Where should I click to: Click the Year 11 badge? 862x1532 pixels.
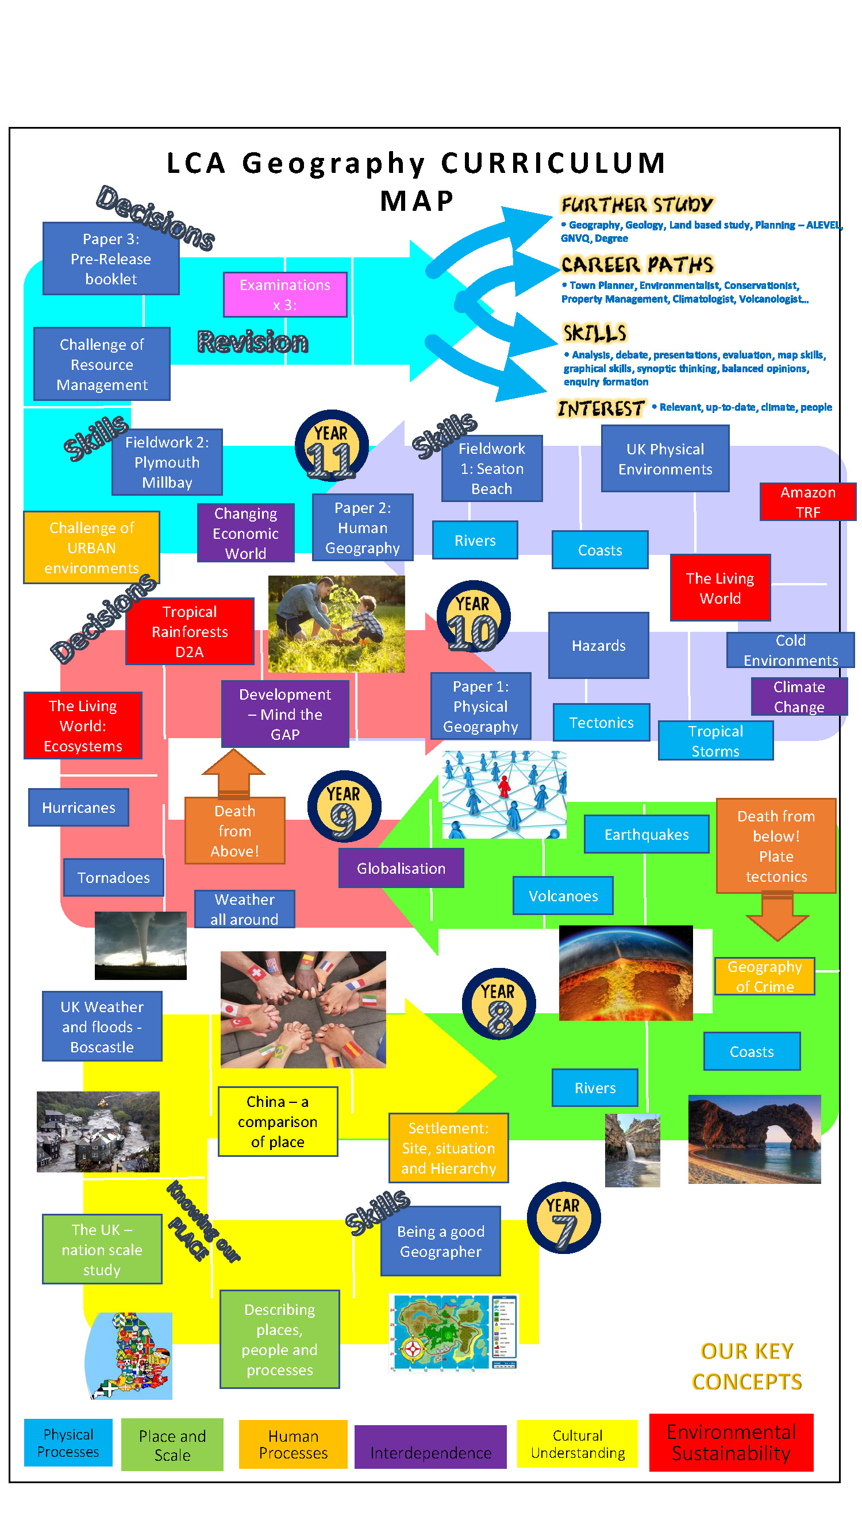pos(331,445)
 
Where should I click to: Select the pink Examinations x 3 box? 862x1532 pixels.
pos(284,294)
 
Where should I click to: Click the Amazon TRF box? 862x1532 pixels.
pos(807,501)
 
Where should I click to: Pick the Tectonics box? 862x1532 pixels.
pos(601,722)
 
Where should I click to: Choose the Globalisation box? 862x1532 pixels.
pos(401,868)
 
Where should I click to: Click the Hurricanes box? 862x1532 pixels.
pos(79,807)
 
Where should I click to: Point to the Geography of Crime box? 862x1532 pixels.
pos(764,976)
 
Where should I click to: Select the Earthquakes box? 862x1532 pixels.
pos(646,834)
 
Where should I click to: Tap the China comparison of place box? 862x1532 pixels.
pos(277,1121)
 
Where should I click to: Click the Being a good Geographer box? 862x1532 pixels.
pos(440,1241)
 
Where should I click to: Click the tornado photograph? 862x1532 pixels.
pos(140,945)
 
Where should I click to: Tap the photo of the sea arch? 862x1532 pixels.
pos(754,1139)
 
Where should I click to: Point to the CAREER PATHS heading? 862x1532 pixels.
pos(637,264)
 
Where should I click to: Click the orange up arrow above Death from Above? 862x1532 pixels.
pos(233,772)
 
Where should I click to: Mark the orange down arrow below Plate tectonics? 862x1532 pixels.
pos(776,916)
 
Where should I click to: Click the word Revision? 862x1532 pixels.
pos(252,341)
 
